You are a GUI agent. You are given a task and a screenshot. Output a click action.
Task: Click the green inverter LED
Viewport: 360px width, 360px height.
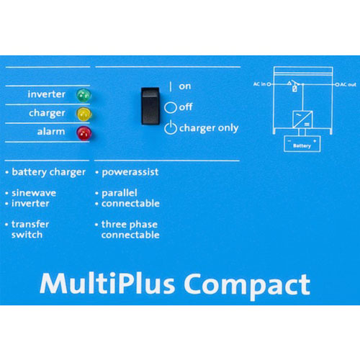coord(84,95)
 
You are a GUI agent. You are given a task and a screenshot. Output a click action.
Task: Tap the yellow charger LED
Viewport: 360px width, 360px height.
coord(84,114)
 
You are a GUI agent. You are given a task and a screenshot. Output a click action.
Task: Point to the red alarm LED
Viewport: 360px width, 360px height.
coord(84,133)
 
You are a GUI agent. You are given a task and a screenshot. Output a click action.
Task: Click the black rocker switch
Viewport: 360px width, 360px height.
coord(150,106)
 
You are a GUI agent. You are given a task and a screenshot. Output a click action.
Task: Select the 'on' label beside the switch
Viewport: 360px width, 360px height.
coord(185,86)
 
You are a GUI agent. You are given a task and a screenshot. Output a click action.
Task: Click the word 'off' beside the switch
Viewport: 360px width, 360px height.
coord(186,107)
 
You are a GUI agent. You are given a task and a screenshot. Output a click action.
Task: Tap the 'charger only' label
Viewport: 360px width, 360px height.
coord(209,128)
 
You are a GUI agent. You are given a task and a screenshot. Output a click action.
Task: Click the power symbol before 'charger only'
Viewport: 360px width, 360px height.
coord(171,127)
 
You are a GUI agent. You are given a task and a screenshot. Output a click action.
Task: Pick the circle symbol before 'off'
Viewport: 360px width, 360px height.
coord(171,107)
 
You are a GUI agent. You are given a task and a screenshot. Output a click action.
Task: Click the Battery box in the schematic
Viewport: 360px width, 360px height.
coord(302,144)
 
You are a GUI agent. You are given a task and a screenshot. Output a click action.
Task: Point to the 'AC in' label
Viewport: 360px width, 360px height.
coord(260,84)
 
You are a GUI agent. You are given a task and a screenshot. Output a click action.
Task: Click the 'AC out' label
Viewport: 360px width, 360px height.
coord(348,84)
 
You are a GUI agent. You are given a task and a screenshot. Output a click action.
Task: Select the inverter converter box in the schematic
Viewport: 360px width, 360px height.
coord(302,120)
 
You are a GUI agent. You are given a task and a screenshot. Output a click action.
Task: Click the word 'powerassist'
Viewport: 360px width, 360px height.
coord(130,172)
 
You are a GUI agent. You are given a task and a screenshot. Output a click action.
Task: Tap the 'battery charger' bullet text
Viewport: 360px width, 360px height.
coord(48,172)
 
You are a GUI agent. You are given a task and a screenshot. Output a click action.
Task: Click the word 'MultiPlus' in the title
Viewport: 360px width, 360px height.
coord(107,284)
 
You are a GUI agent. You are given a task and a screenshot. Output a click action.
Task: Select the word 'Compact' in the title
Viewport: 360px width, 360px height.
coord(247,286)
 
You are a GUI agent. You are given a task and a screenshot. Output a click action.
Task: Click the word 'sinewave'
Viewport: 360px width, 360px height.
coord(34,193)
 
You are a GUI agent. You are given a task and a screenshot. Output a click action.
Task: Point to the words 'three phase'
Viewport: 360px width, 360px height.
coord(130,225)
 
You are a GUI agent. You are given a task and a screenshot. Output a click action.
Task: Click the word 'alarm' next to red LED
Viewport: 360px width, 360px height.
coord(51,132)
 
